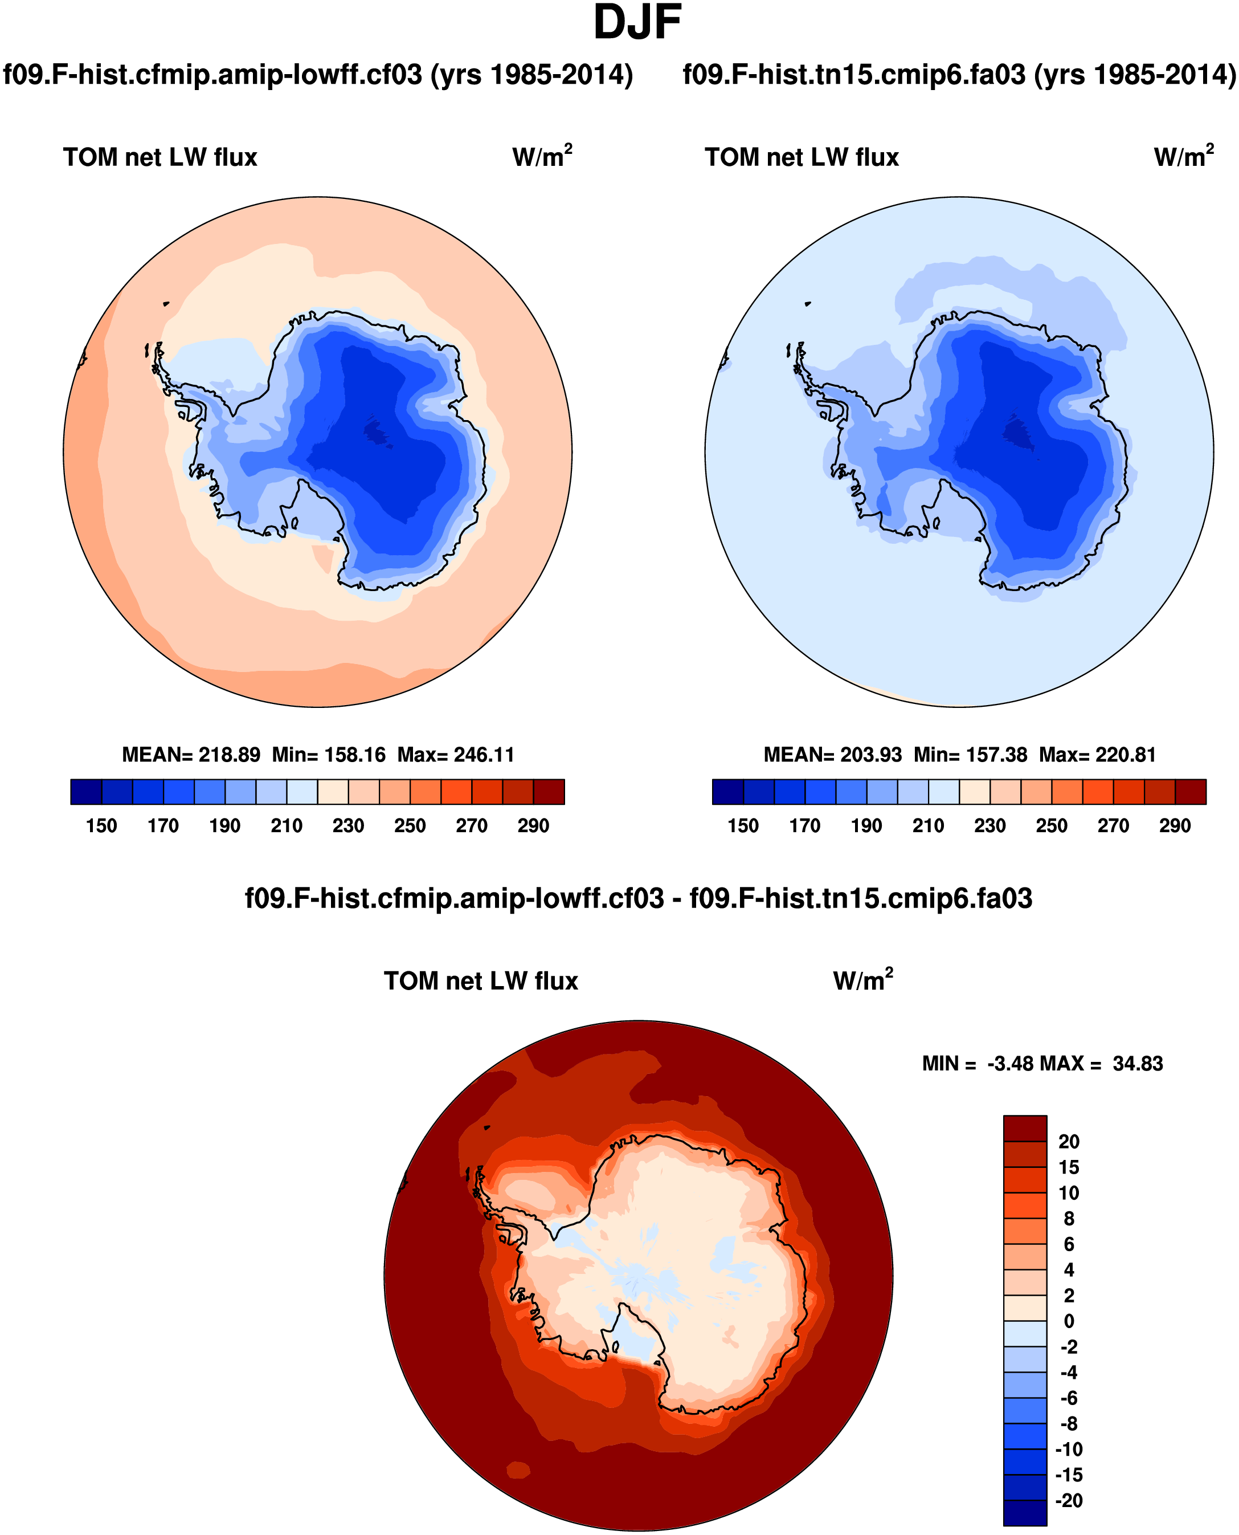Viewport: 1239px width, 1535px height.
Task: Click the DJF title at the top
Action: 637,23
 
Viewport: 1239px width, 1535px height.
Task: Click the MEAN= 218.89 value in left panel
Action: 191,755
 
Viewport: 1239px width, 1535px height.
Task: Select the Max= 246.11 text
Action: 455,755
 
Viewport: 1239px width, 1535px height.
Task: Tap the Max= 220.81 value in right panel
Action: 1097,755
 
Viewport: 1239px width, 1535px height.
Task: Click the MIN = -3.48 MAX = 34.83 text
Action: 1042,1063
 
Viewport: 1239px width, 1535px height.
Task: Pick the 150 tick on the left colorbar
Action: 101,825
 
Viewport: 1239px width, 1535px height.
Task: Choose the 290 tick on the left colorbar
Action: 533,825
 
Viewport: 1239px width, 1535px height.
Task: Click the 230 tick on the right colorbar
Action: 990,825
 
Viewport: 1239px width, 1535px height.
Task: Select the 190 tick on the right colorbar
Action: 866,825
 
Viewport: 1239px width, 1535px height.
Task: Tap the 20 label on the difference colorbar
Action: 1069,1141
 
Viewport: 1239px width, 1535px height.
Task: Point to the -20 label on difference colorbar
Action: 1069,1500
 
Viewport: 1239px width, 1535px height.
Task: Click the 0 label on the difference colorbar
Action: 1069,1321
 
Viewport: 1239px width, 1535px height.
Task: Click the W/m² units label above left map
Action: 542,156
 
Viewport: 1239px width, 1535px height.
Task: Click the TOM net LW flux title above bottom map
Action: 480,981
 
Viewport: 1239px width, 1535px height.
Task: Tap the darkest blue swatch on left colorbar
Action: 87,792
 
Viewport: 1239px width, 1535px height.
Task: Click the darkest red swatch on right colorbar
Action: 1191,792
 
